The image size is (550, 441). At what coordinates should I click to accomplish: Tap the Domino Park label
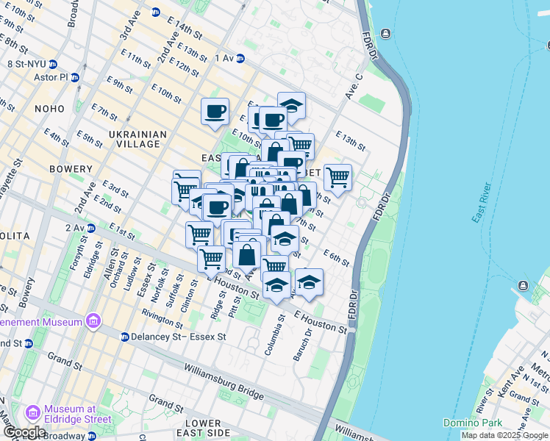pos(470,423)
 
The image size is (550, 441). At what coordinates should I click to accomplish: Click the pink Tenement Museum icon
pos(93,321)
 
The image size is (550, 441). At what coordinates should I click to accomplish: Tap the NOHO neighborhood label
pos(50,109)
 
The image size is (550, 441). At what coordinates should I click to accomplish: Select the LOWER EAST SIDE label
pos(203,429)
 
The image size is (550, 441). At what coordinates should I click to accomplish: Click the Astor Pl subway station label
pos(49,77)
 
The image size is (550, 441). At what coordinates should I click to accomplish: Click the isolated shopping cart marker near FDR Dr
pos(337,176)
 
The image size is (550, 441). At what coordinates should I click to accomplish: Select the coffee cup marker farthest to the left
pos(215,112)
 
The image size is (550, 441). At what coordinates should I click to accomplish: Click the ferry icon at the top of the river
pos(385,33)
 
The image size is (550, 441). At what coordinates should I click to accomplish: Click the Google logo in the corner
pos(24,432)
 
